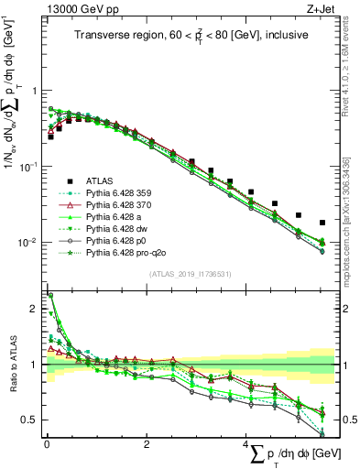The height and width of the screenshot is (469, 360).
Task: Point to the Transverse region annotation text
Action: (x=190, y=37)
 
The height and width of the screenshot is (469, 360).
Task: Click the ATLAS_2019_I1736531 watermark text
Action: (x=190, y=274)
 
